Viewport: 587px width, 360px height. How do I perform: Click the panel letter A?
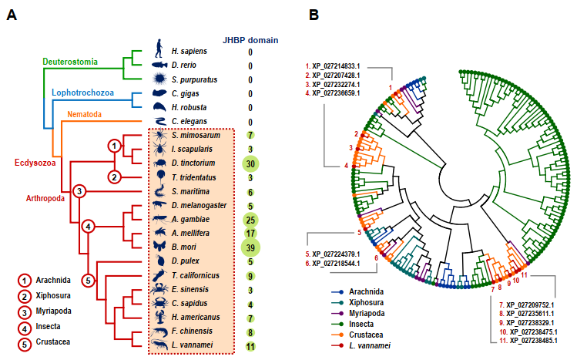(x=12, y=15)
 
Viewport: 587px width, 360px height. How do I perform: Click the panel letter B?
(x=314, y=15)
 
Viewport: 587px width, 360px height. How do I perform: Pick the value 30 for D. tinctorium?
(x=250, y=163)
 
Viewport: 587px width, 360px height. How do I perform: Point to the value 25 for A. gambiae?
(x=250, y=219)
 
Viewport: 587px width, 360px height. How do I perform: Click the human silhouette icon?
(x=159, y=50)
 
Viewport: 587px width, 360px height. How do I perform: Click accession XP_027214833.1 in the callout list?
(x=337, y=66)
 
